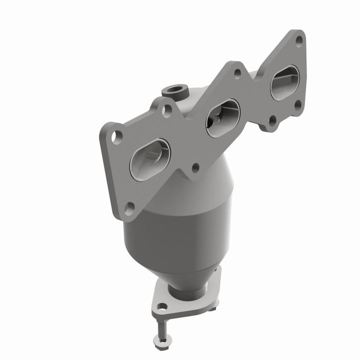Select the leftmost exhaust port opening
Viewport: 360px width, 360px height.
(x=150, y=159)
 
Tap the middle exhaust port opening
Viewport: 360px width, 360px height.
(x=223, y=118)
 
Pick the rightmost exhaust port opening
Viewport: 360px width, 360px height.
(x=284, y=82)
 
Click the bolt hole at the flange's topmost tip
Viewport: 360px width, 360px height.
(x=299, y=41)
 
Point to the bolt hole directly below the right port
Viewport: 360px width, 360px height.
(x=298, y=104)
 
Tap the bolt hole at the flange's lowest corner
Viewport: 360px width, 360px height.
(x=130, y=207)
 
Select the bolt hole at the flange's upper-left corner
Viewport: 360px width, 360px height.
(x=118, y=137)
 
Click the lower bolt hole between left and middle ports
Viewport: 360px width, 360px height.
(x=195, y=167)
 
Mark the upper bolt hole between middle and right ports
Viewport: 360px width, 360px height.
(x=237, y=73)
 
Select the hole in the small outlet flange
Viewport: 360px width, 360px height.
(x=162, y=308)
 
